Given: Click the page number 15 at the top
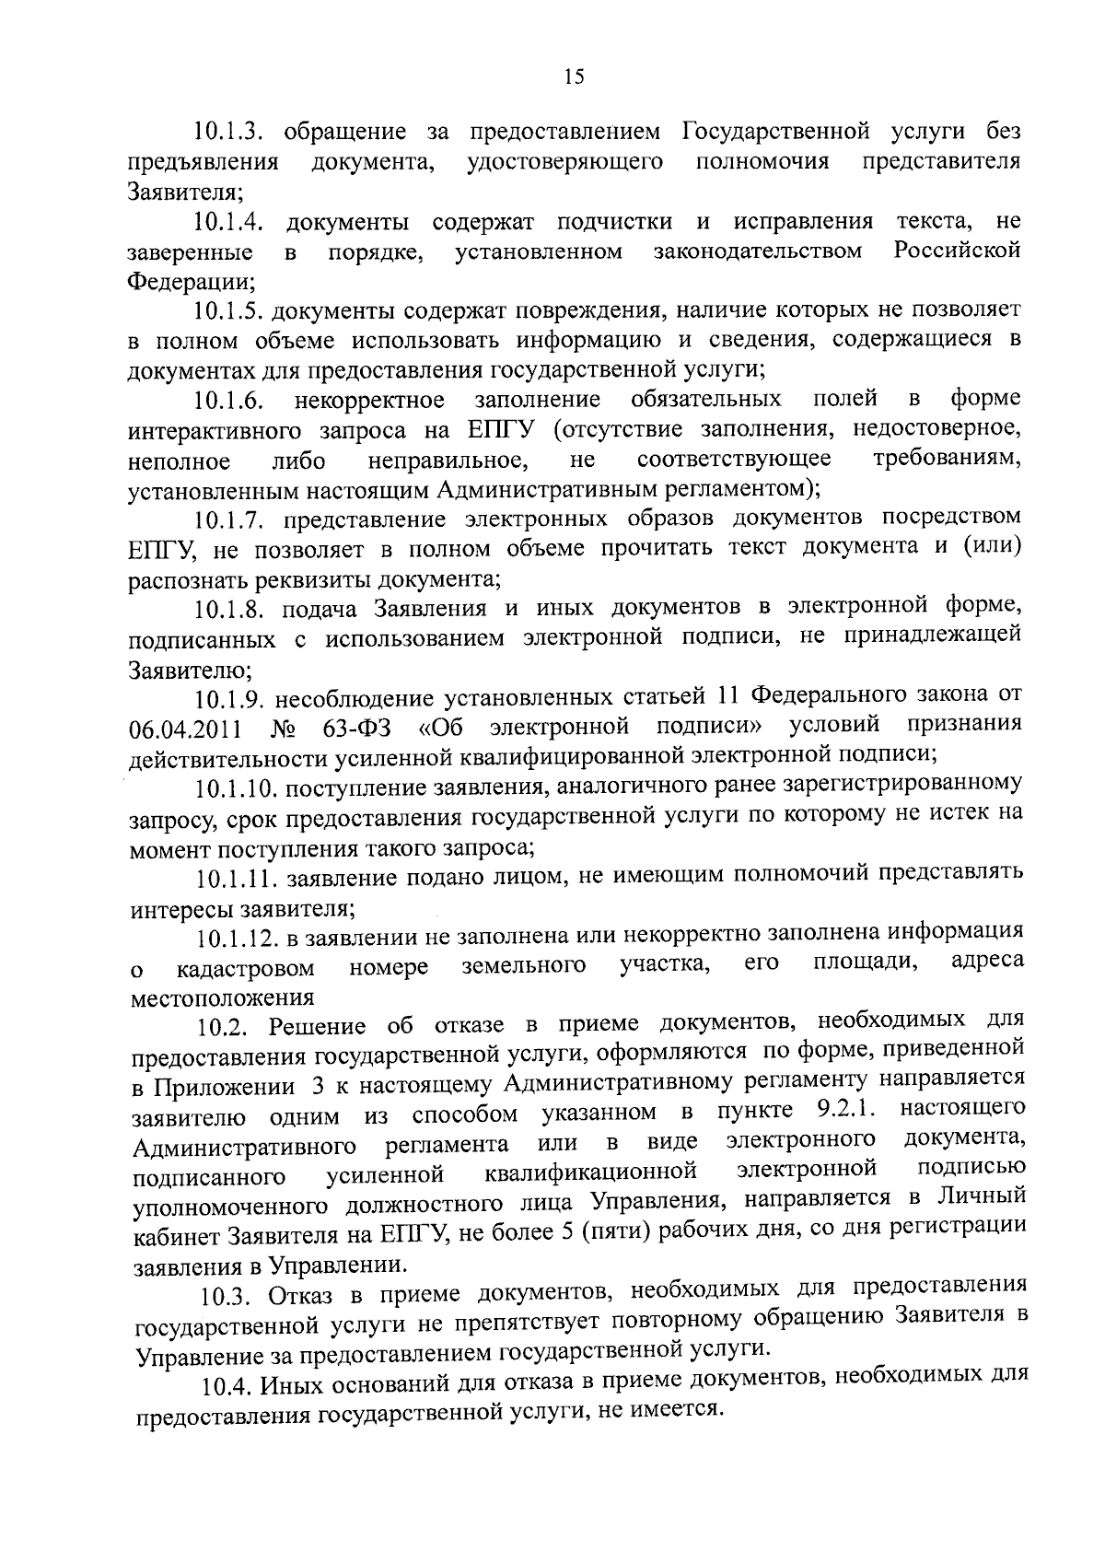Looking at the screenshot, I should pyautogui.click(x=574, y=77).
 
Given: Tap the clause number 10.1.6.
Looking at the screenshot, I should pyautogui.click(x=230, y=401).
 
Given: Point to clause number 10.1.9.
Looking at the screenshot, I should pyautogui.click(x=230, y=697).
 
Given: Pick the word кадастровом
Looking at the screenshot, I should pyautogui.click(x=246, y=969).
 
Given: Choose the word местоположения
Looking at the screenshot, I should pyautogui.click(x=223, y=997).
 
